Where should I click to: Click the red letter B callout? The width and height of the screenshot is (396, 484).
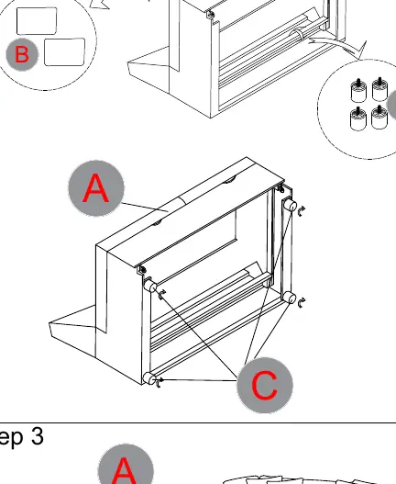pyautogui.click(x=22, y=54)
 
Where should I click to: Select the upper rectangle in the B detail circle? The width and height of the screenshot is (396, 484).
pyautogui.click(x=37, y=21)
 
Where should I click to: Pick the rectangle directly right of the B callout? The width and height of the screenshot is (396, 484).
pyautogui.click(x=65, y=51)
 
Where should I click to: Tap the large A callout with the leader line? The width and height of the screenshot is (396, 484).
pyautogui.click(x=96, y=187)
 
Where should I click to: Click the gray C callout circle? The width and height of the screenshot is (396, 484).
pyautogui.click(x=265, y=385)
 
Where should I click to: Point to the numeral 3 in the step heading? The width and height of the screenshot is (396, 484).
pyautogui.click(x=37, y=436)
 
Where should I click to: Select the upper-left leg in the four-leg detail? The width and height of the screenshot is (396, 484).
pyautogui.click(x=358, y=90)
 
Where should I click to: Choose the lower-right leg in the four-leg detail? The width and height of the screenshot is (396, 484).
pyautogui.click(x=379, y=118)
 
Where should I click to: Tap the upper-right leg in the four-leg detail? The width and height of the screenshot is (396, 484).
pyautogui.click(x=379, y=89)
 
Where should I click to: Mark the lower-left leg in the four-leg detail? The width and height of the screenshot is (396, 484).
pyautogui.click(x=358, y=118)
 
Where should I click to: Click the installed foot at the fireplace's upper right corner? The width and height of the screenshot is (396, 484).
pyautogui.click(x=290, y=205)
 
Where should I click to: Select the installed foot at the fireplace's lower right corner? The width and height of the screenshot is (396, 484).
pyautogui.click(x=290, y=298)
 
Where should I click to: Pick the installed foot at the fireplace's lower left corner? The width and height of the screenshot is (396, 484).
pyautogui.click(x=149, y=378)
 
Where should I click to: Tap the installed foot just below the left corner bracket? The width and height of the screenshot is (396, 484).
pyautogui.click(x=150, y=286)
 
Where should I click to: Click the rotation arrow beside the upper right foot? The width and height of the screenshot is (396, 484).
pyautogui.click(x=301, y=211)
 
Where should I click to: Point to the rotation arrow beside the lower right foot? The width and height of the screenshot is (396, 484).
pyautogui.click(x=302, y=303)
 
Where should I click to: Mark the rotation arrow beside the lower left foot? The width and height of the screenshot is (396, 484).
pyautogui.click(x=159, y=383)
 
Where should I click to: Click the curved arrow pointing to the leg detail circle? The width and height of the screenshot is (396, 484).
pyautogui.click(x=339, y=45)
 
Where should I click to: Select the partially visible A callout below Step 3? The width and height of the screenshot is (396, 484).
pyautogui.click(x=126, y=464)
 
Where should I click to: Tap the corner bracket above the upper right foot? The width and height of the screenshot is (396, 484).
pyautogui.click(x=280, y=187)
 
